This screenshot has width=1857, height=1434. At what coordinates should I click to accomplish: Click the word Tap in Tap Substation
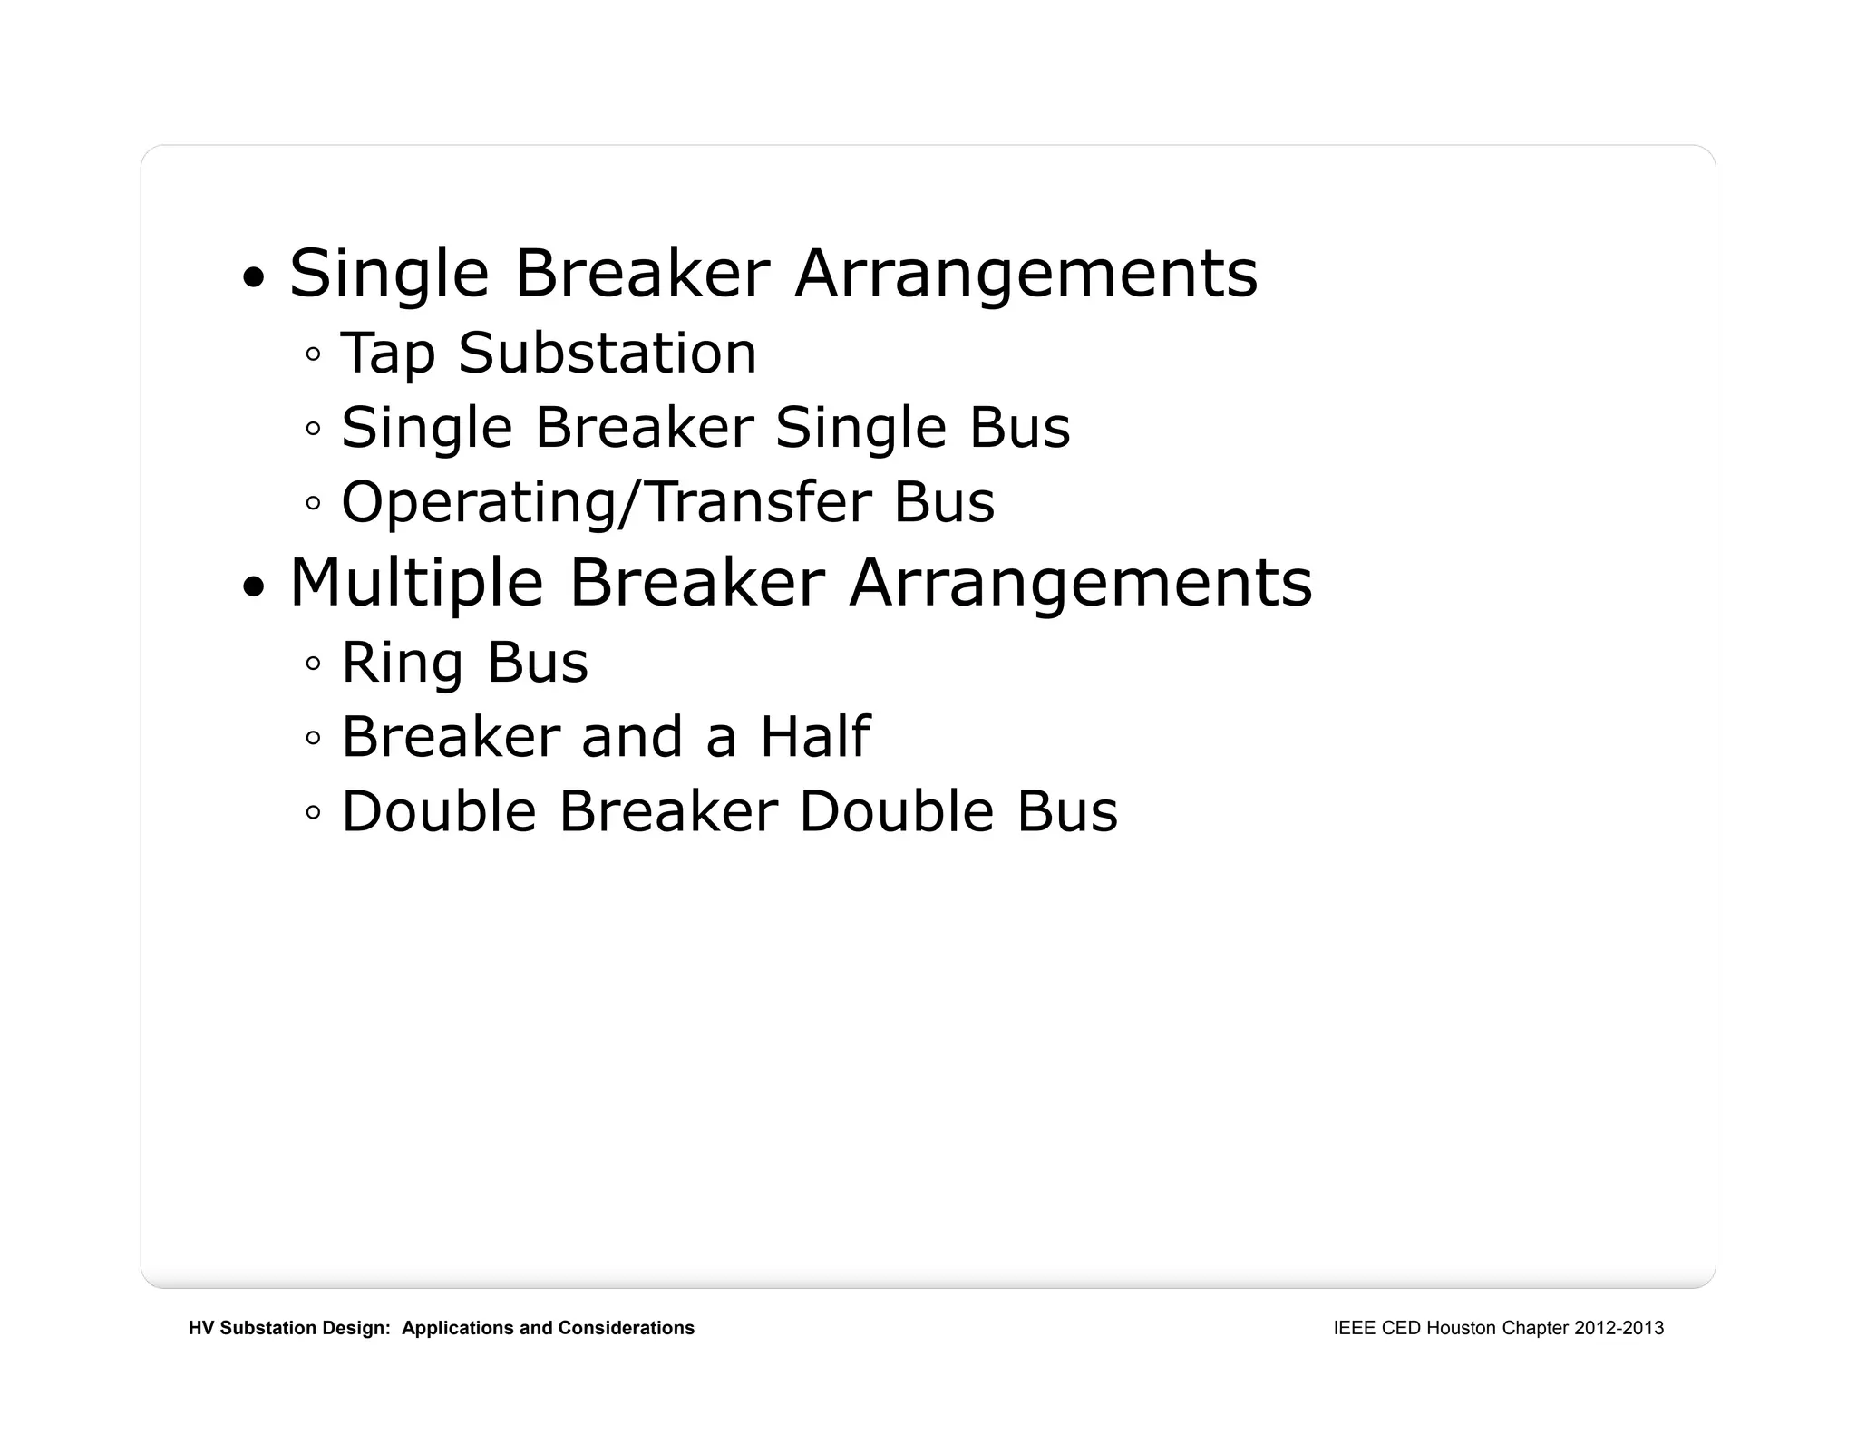(x=387, y=354)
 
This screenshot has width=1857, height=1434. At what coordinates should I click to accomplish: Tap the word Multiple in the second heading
(x=416, y=583)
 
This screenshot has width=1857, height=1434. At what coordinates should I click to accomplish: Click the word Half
(x=814, y=736)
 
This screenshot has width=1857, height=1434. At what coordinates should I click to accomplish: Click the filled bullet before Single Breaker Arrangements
(x=255, y=277)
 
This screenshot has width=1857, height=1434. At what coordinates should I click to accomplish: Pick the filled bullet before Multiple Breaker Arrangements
(x=255, y=586)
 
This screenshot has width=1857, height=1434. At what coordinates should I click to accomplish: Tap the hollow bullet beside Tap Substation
(x=313, y=354)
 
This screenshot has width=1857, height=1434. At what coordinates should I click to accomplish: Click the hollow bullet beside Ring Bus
(x=313, y=664)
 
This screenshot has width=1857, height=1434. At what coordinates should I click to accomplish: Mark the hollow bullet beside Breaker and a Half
(x=313, y=738)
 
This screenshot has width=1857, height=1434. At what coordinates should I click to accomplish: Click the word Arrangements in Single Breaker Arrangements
(x=1026, y=275)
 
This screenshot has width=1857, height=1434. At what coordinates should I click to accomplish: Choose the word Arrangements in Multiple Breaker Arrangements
(x=1081, y=584)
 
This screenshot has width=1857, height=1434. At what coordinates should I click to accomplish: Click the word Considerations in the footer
(x=626, y=1328)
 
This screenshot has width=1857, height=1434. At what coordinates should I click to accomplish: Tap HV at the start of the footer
(x=201, y=1328)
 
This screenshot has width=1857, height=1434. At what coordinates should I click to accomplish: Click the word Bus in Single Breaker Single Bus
(x=1019, y=428)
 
